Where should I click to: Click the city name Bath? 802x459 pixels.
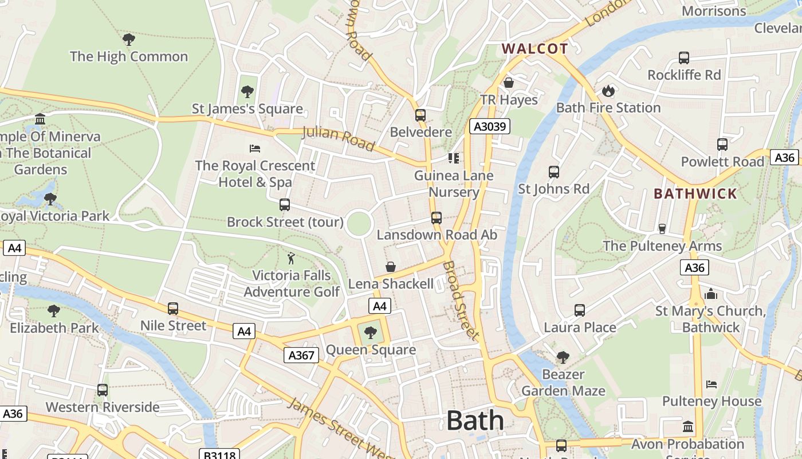(475, 421)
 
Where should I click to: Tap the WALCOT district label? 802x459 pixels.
(535, 49)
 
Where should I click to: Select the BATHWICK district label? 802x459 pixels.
(695, 193)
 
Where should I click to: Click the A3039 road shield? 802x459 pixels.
(490, 126)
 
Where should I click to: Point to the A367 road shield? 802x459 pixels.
(301, 355)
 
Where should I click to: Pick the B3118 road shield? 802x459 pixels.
(220, 455)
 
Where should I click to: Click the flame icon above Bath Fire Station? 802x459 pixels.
(608, 91)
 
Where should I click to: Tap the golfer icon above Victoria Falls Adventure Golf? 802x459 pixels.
(292, 258)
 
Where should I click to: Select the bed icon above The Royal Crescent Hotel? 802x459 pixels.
(255, 149)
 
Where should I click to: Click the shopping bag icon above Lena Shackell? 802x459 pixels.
(391, 267)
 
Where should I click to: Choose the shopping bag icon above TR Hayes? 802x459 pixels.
(508, 83)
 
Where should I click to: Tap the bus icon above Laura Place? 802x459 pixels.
(580, 310)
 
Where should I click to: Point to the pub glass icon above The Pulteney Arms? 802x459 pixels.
(662, 228)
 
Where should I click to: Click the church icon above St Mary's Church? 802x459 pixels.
(711, 294)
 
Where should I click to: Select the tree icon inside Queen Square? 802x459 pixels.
(371, 332)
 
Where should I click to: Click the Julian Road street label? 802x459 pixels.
(338, 138)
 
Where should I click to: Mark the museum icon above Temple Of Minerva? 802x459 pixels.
(40, 119)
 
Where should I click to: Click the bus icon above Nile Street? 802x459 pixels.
(173, 309)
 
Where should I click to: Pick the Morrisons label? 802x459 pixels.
(714, 11)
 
